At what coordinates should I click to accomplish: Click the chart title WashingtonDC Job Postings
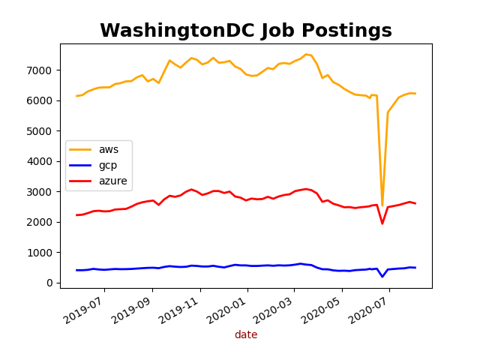[x=246, y=31]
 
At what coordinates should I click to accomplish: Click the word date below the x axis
[x=246, y=335]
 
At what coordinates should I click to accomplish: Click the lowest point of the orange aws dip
[x=382, y=205]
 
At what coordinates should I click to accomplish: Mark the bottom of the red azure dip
[x=382, y=223]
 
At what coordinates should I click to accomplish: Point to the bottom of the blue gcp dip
[x=382, y=277]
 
